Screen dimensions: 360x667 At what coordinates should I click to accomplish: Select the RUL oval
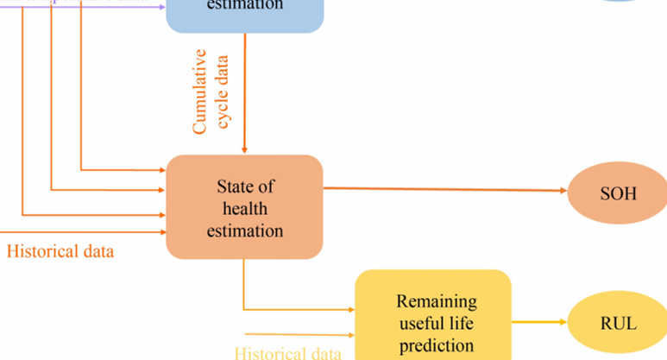pyautogui.click(x=618, y=324)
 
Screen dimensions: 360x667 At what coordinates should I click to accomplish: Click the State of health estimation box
pyautogui.click(x=244, y=207)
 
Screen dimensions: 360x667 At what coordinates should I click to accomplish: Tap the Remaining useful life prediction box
pyautogui.click(x=433, y=316)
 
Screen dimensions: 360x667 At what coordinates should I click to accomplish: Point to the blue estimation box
pyautogui.click(x=244, y=13)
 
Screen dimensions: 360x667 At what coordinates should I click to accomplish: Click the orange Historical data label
pyautogui.click(x=60, y=252)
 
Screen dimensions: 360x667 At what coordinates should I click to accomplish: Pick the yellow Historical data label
pyautogui.click(x=288, y=352)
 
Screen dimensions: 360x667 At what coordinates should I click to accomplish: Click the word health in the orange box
pyautogui.click(x=244, y=208)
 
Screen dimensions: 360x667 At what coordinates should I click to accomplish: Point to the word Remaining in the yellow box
pyautogui.click(x=437, y=302)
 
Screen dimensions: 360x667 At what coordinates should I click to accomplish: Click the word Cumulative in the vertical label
pyautogui.click(x=200, y=92)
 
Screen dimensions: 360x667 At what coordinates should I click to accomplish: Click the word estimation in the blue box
pyautogui.click(x=244, y=5)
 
